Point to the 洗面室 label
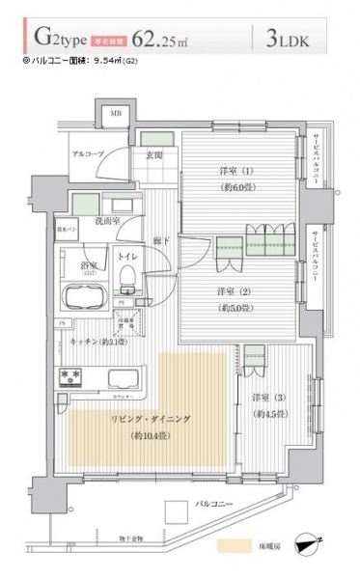105,222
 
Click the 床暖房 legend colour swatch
237,544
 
